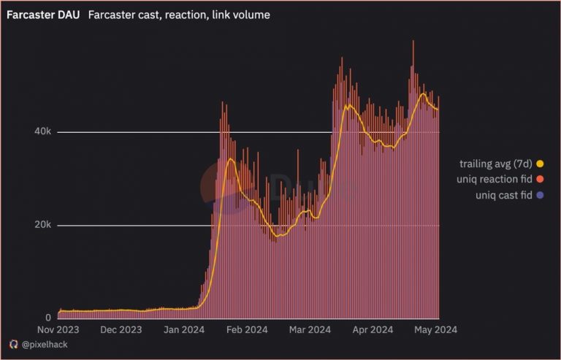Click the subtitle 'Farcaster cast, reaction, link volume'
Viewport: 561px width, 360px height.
pos(180,15)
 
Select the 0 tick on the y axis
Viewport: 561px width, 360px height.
pos(48,318)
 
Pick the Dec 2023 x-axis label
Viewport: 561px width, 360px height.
pos(121,329)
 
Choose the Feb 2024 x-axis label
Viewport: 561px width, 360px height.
pos(248,329)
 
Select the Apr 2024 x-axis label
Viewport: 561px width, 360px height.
pos(373,329)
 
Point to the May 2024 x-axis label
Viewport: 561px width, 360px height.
pos(436,329)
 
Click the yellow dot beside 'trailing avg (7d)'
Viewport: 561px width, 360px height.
pos(540,164)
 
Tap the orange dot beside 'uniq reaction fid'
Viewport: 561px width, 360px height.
pos(540,180)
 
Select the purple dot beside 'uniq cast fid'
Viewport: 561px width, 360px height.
pos(540,196)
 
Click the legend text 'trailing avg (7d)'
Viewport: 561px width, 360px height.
pos(496,164)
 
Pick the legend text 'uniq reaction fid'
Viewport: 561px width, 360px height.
pos(495,180)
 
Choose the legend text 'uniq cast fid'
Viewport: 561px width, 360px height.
pos(503,196)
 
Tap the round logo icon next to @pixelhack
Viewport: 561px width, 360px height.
pos(13,344)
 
